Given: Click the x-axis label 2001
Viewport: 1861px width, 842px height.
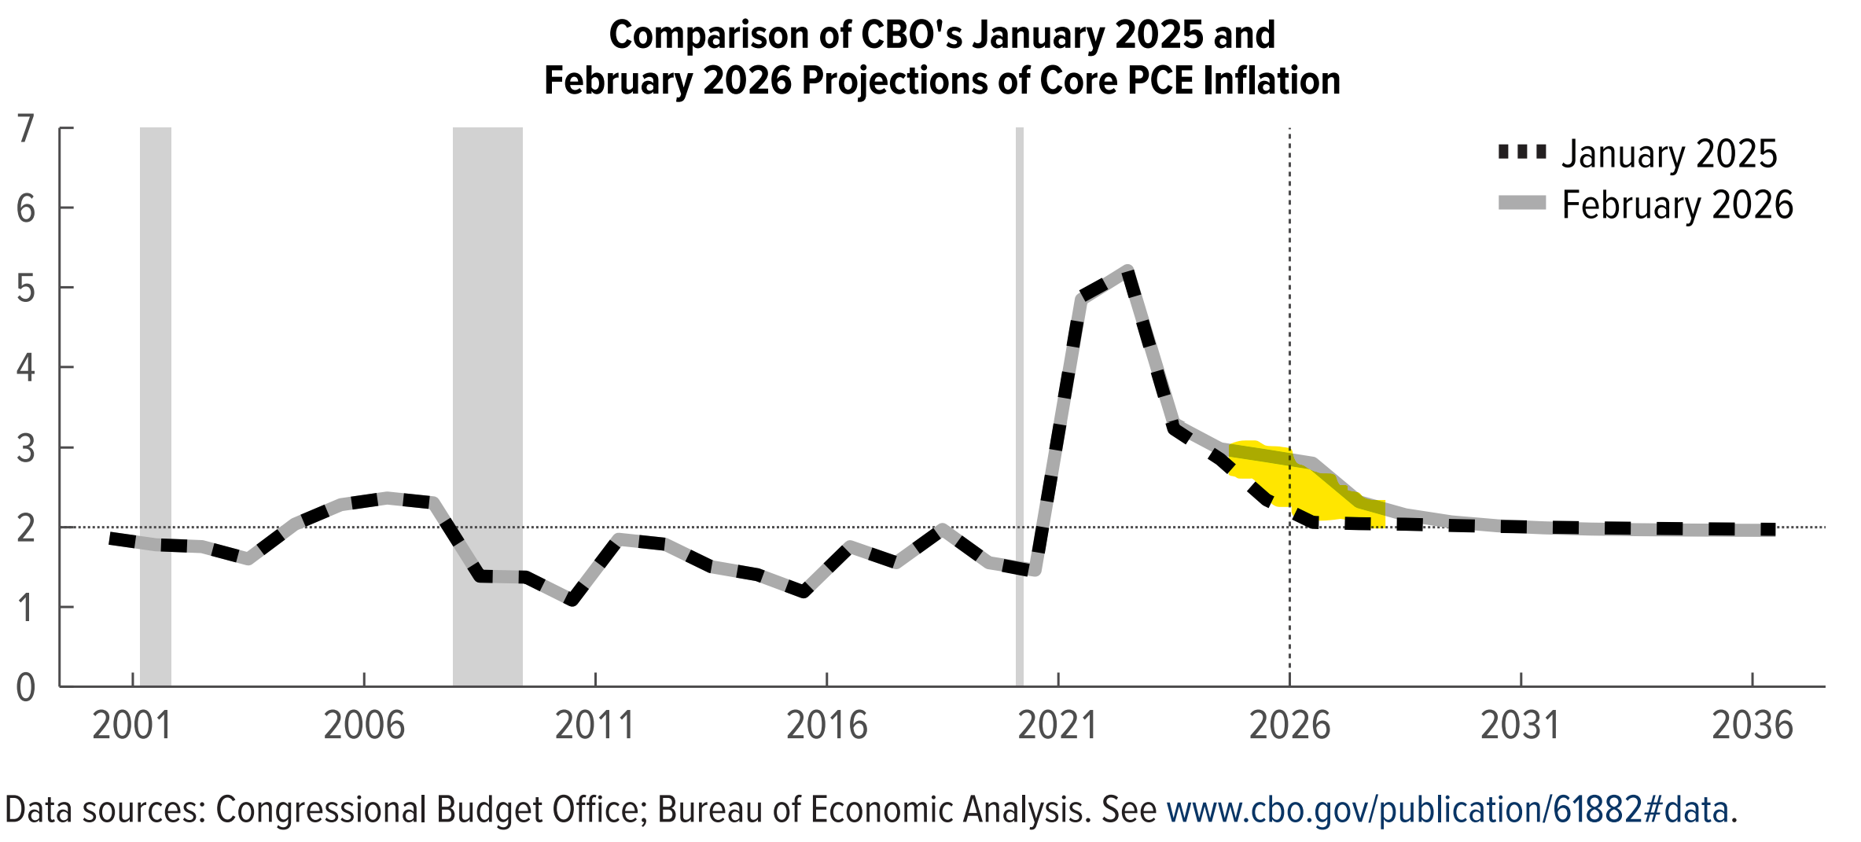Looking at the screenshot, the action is (x=132, y=725).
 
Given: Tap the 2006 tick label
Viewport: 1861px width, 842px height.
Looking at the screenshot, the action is (x=364, y=725).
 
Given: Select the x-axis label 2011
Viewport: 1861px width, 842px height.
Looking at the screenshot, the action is (x=594, y=725).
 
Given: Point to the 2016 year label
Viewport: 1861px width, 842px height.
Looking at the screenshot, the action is (x=826, y=725).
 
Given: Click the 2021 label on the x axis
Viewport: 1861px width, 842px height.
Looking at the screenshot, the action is (x=1057, y=725).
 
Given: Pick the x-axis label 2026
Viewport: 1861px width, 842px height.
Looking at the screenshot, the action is (x=1289, y=725).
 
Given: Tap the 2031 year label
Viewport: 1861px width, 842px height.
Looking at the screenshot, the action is (x=1521, y=725).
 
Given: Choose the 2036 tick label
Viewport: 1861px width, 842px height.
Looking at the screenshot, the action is (x=1753, y=725).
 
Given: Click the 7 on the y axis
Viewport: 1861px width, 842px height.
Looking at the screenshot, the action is (x=26, y=129).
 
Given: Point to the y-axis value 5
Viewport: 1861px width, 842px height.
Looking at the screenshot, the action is (x=26, y=289).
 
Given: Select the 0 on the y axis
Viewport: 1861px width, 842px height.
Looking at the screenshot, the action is (x=26, y=688).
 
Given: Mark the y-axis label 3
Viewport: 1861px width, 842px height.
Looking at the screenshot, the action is (x=26, y=449).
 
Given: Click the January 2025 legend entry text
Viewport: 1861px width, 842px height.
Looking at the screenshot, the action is (x=1669, y=154).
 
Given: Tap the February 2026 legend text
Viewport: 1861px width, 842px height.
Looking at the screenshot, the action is (x=1677, y=205).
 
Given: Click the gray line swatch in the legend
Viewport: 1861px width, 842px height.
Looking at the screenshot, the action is (x=1522, y=203).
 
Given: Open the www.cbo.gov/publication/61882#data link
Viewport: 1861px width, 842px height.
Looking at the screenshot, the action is (x=1447, y=810).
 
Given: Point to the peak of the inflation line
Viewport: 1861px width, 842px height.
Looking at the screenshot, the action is (x=1127, y=270).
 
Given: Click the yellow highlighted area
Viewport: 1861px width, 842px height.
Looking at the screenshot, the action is (x=1305, y=481).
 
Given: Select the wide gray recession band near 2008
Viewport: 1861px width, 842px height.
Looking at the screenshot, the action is (x=487, y=406).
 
